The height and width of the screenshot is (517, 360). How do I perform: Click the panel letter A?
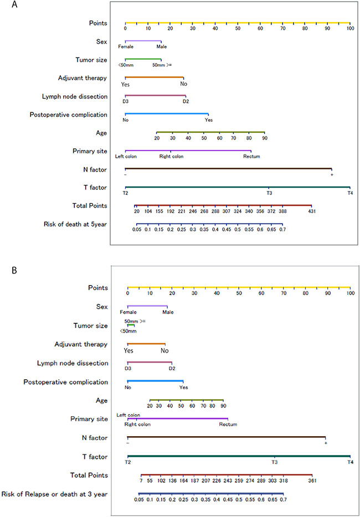tap(5, 6)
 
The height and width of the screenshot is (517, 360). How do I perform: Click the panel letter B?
tap(5, 271)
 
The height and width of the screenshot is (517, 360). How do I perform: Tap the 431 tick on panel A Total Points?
tap(311, 211)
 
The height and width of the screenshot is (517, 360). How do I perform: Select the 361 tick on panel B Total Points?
tap(312, 481)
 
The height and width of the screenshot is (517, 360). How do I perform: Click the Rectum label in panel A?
tap(251, 156)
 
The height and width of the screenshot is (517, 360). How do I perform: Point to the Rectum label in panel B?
tap(228, 425)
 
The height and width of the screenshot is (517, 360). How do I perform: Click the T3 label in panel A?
tap(269, 193)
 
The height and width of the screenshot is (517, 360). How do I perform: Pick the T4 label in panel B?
tap(349, 462)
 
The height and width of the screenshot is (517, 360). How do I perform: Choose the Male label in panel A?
tap(161, 46)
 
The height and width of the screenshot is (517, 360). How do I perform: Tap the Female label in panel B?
tap(128, 312)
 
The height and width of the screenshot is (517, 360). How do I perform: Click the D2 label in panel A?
tap(186, 101)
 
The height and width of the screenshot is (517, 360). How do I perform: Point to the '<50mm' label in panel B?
tap(127, 331)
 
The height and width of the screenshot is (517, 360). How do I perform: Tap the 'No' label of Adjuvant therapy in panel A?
tap(183, 84)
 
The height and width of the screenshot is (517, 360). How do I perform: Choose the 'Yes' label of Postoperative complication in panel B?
tap(183, 387)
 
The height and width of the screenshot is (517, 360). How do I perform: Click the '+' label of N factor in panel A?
tap(332, 174)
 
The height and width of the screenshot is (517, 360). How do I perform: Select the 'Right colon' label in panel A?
tap(171, 156)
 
